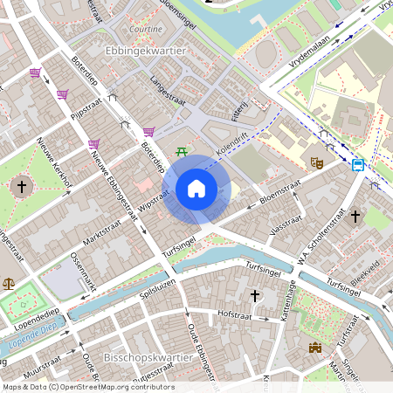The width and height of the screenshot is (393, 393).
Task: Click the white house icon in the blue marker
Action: [196, 188]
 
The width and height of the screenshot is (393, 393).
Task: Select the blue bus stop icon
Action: [358, 163]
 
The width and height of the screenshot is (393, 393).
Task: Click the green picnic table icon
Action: [182, 152]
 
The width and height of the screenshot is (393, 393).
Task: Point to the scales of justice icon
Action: [10, 283]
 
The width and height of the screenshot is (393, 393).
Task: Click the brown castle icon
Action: [315, 348]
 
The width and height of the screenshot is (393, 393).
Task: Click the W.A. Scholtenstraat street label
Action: [312, 247]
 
